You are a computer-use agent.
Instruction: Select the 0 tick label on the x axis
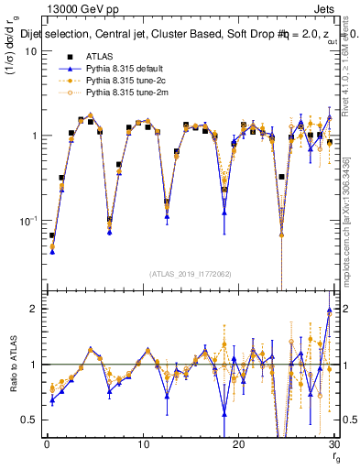(x=47, y=444)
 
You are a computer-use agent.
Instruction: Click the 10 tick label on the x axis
(x=142, y=444)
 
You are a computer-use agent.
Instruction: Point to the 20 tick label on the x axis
(x=238, y=444)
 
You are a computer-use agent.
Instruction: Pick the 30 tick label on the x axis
(x=333, y=444)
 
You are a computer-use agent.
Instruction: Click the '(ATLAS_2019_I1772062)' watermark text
(x=190, y=273)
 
